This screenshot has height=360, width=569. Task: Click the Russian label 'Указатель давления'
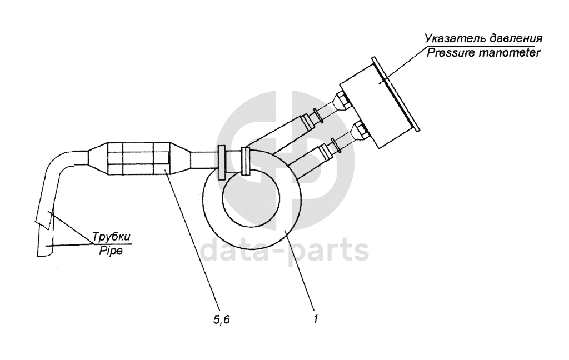click(483, 39)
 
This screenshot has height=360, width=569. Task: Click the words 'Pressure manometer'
click(483, 54)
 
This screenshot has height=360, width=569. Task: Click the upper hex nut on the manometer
click(344, 99)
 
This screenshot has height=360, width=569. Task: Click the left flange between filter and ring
click(221, 162)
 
